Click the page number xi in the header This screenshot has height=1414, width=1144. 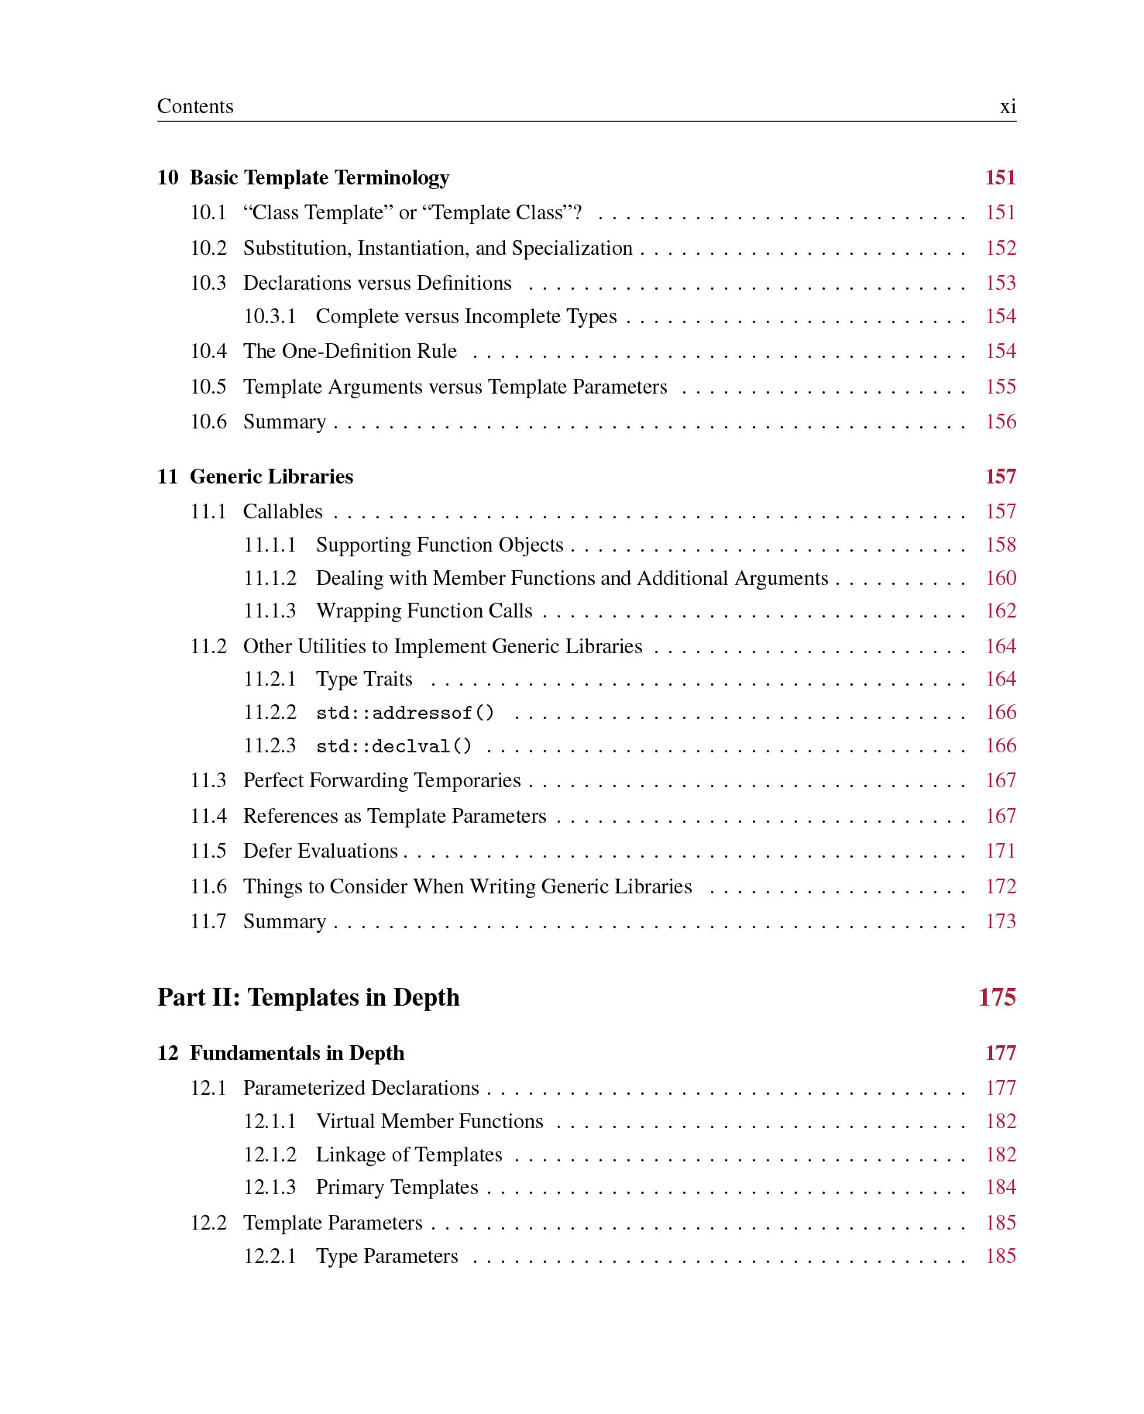click(x=1007, y=107)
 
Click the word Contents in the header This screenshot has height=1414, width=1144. click(x=195, y=106)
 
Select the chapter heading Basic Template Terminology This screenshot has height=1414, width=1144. click(x=319, y=177)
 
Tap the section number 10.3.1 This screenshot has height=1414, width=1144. click(x=270, y=316)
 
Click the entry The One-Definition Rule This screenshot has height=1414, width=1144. click(x=350, y=351)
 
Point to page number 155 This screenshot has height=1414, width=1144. click(x=1000, y=387)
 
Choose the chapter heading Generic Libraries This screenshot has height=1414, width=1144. click(x=271, y=476)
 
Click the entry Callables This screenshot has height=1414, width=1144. click(x=283, y=511)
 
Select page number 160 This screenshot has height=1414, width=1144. click(x=1000, y=578)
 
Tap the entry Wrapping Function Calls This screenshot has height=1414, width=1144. click(x=424, y=611)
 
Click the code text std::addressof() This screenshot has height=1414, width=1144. click(x=405, y=713)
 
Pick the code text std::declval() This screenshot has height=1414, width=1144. click(x=393, y=746)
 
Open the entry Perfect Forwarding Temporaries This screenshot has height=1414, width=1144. click(x=382, y=780)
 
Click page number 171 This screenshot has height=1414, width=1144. click(x=1000, y=851)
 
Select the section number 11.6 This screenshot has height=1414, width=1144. click(x=208, y=886)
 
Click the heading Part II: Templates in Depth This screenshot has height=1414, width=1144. click(x=308, y=997)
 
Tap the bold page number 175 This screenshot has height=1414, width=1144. click(x=997, y=997)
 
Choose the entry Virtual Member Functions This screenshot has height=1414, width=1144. click(x=429, y=1121)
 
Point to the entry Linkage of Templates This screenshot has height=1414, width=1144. click(x=409, y=1154)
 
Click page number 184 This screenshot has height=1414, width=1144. click(x=1000, y=1187)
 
